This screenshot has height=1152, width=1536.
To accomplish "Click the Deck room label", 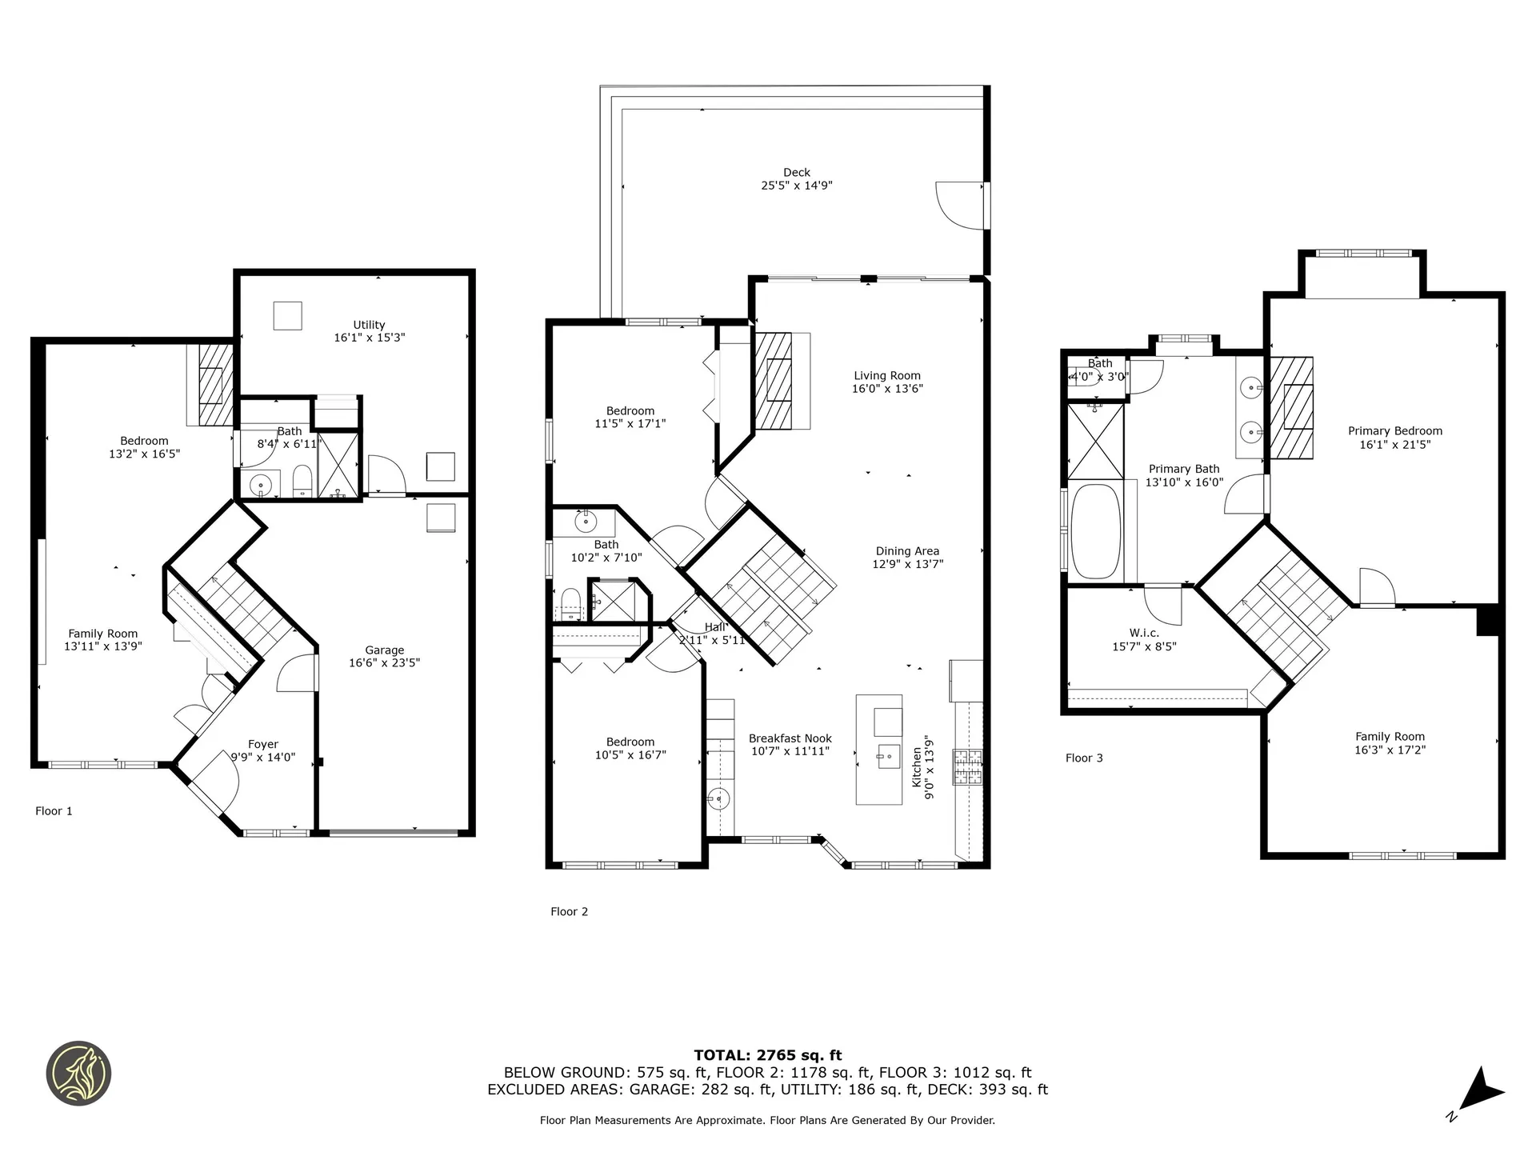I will pos(796,172).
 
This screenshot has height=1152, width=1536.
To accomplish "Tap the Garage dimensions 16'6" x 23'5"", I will pos(384,663).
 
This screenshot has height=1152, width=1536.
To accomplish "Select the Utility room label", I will pos(369,325).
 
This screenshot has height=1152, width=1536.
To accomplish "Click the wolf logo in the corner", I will pos(78,1074).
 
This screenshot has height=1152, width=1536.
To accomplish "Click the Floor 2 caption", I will pos(569,911).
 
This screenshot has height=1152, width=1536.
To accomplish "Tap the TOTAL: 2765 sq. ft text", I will pos(767,1055).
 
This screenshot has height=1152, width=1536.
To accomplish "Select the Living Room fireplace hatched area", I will pos(773,381).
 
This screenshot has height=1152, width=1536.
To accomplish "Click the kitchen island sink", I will pos(888,756).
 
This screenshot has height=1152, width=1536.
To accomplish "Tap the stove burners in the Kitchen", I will pos(967,767).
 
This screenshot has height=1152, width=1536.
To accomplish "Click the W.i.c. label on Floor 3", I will pos(1144,633).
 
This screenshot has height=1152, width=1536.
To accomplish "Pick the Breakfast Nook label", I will pos(790,738).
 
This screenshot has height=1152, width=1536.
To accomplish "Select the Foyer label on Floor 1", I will pos(262,744).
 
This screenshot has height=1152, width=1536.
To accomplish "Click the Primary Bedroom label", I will pos(1394,431).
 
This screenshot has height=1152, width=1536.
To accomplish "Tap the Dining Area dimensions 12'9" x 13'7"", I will pos(907,564).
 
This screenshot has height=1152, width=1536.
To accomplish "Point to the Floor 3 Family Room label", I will pos(1390,737).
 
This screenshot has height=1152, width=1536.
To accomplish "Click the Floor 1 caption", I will pos(54,810).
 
